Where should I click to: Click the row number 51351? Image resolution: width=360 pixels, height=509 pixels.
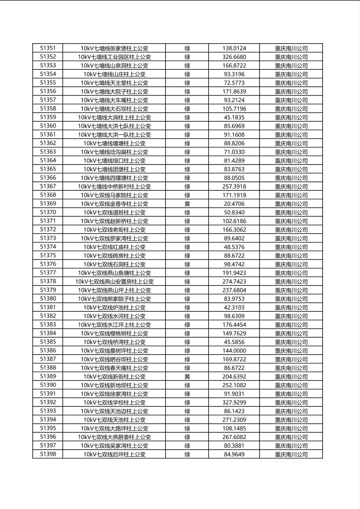(48, 48)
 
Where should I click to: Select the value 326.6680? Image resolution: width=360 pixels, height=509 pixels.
(234, 57)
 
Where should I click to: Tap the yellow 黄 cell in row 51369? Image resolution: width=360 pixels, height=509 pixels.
(187, 204)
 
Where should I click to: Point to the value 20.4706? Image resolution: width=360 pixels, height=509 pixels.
(234, 204)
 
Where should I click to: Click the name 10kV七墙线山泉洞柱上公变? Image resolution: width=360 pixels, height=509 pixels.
(114, 65)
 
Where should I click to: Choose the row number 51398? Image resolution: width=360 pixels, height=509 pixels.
(48, 454)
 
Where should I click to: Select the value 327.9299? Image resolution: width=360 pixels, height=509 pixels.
(234, 403)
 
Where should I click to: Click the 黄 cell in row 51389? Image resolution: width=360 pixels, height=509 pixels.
(187, 376)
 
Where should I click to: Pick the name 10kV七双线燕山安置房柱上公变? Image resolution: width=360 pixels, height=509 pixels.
(114, 282)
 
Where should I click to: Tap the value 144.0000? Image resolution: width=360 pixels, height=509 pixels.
(234, 350)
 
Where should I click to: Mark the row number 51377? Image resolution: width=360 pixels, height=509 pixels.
(48, 273)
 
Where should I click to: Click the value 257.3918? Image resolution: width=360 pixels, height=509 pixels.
(234, 186)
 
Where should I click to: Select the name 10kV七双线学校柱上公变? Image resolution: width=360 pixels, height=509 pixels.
(114, 403)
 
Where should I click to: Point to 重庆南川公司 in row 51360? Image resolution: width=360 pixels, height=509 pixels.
(291, 126)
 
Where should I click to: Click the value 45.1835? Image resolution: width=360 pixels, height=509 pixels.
(234, 117)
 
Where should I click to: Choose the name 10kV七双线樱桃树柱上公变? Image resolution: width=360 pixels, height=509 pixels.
(114, 333)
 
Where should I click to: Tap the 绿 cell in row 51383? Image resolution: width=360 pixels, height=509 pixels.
(187, 325)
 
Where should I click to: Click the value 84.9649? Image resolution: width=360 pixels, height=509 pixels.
(234, 454)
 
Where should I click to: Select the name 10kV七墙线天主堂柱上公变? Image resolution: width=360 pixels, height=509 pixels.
(114, 83)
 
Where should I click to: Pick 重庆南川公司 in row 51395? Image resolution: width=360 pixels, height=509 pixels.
(291, 428)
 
